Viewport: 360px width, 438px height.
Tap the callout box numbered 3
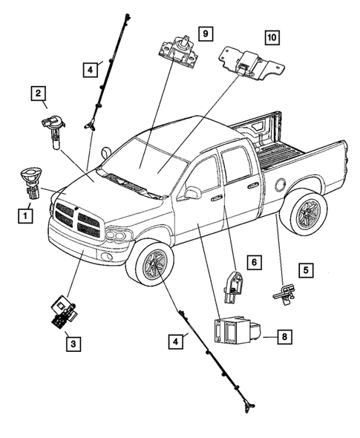click(x=71, y=343)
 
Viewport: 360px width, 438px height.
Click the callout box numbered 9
click(x=206, y=33)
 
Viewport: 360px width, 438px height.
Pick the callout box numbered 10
click(x=272, y=37)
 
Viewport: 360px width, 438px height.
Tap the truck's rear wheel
click(x=303, y=216)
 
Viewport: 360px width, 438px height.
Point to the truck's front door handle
click(x=217, y=198)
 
